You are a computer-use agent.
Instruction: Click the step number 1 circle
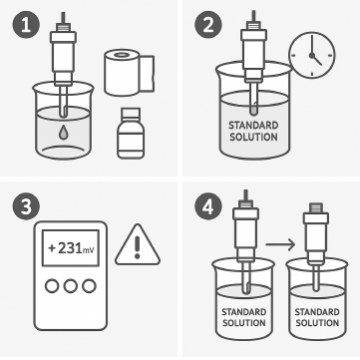(x=26, y=26)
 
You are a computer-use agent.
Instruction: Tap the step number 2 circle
(x=208, y=26)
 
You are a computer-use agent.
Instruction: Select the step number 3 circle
(x=26, y=206)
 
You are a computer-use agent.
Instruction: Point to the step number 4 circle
(x=208, y=206)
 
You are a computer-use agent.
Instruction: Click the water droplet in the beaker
(x=63, y=134)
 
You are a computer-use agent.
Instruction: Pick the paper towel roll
(x=129, y=72)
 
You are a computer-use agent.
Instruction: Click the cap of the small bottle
(x=130, y=113)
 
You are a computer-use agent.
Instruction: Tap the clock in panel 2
(x=312, y=55)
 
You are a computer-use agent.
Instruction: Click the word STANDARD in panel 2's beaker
(x=253, y=126)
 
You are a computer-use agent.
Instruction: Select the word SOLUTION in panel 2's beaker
(x=253, y=137)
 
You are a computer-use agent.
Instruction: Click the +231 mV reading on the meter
(x=71, y=248)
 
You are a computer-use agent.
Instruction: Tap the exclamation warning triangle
(x=138, y=245)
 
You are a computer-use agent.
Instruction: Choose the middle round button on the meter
(x=71, y=286)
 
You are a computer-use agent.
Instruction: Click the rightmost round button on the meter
(x=89, y=286)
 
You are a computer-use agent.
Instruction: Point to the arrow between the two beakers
(x=280, y=245)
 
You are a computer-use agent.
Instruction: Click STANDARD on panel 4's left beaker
(x=244, y=312)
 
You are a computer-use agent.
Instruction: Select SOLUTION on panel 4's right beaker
(x=317, y=323)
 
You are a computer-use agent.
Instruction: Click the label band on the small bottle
(x=131, y=142)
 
